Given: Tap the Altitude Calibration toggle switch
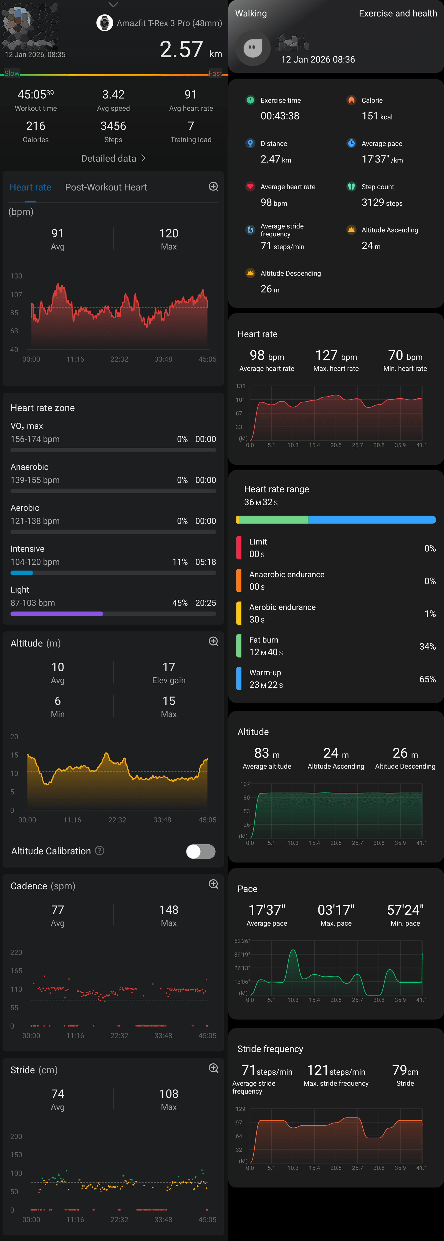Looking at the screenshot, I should point(200,851).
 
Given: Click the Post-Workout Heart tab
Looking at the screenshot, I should point(106,187).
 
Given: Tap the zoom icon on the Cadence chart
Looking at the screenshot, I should point(213,884).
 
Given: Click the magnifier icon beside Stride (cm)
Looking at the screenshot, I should point(213,1068).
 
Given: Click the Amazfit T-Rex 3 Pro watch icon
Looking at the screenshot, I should point(105,23).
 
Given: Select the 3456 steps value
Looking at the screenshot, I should point(113,126).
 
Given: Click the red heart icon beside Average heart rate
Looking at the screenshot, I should point(250,186).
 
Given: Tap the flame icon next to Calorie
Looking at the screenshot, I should point(351,100).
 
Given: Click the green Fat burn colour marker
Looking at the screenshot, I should point(239,646).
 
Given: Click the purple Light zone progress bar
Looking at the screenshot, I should point(57,614).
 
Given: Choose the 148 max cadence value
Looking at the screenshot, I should point(168,910).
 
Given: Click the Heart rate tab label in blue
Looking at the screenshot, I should point(30,187).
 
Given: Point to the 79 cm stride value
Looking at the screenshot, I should point(405,1070).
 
